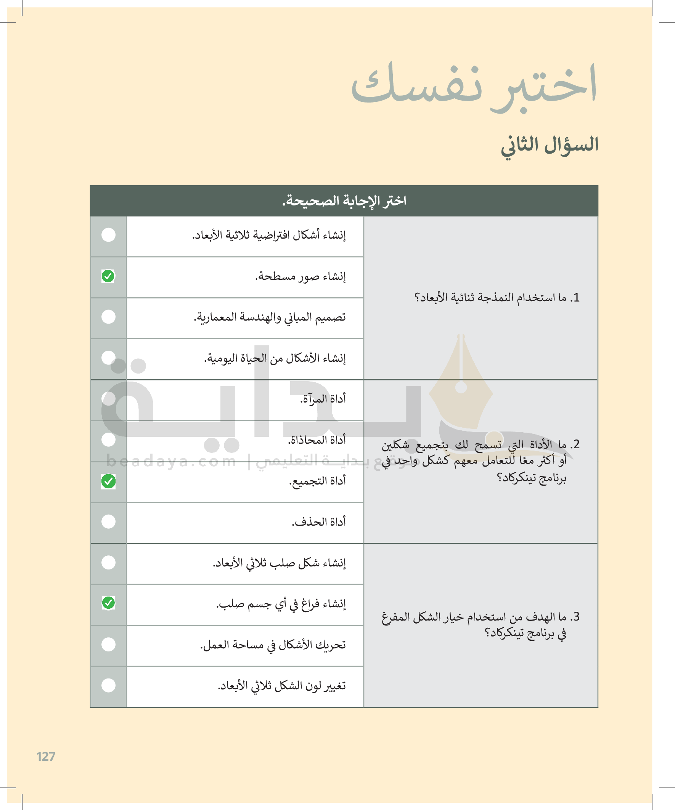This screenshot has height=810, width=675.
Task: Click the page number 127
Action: tap(46, 756)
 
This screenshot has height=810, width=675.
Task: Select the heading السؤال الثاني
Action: tap(550, 145)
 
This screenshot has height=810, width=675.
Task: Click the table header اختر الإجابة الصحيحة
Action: tap(344, 201)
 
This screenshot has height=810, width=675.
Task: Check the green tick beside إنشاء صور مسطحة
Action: tap(108, 276)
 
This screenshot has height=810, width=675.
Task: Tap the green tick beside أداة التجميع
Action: tap(108, 481)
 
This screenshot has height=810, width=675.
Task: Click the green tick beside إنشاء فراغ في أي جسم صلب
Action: tap(108, 603)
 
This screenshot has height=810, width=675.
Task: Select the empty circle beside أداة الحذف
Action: tap(108, 521)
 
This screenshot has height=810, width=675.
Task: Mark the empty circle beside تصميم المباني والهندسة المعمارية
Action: tap(108, 317)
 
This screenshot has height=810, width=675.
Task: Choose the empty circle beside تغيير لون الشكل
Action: tap(108, 685)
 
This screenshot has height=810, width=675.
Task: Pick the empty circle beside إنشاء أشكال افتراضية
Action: tap(108, 234)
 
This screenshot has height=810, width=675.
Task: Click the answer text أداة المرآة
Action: tap(323, 399)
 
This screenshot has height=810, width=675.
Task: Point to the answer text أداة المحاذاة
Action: tap(317, 440)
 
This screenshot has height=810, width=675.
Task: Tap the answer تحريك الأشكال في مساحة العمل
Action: tap(273, 645)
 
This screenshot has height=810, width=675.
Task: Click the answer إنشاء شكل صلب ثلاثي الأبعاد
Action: tap(280, 563)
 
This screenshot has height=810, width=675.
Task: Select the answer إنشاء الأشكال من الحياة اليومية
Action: tap(275, 358)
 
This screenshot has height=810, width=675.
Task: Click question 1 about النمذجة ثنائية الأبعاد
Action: tap(497, 298)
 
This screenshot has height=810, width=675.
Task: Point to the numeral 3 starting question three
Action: tap(576, 616)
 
